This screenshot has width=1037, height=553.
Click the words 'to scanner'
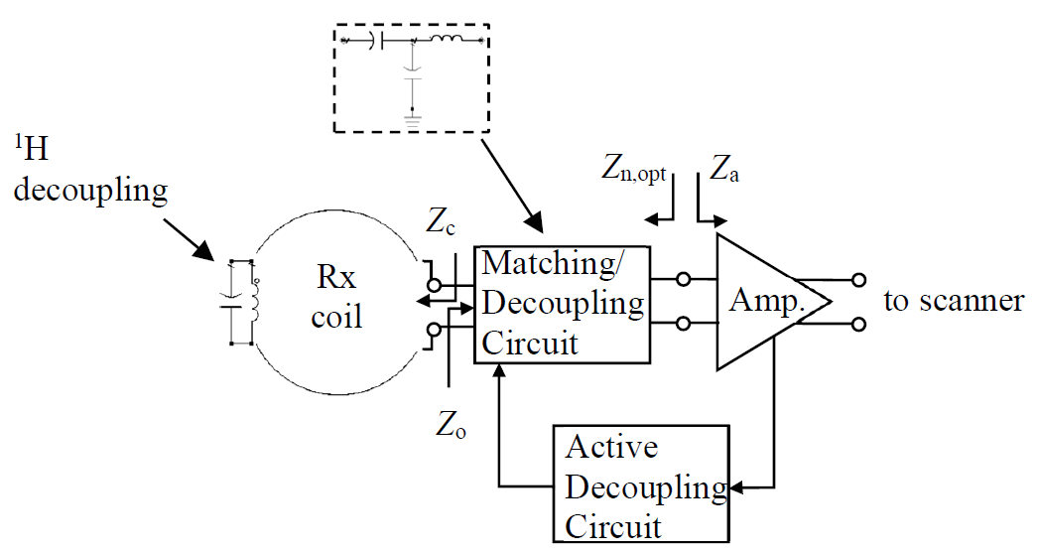[954, 301]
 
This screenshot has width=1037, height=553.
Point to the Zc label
[442, 223]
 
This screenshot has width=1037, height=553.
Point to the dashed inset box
[412, 77]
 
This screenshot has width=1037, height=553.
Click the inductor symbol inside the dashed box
[447, 41]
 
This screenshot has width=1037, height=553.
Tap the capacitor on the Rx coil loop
[232, 302]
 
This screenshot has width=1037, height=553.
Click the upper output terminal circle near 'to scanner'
[859, 281]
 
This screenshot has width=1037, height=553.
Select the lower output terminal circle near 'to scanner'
[859, 323]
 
